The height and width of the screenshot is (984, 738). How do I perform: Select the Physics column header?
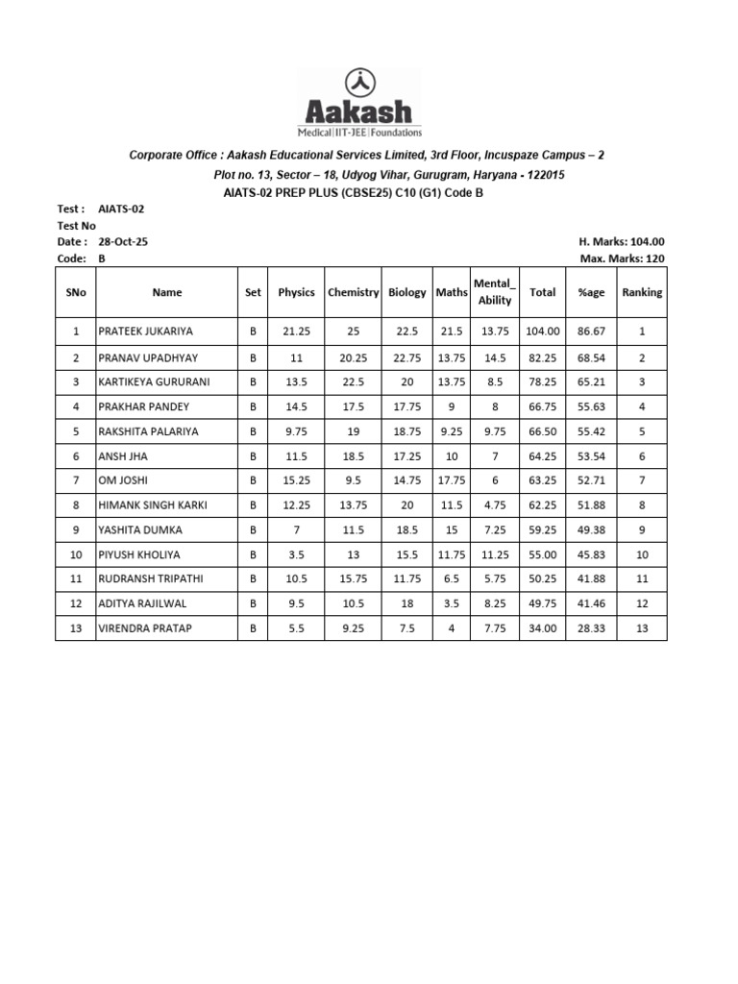[x=296, y=293]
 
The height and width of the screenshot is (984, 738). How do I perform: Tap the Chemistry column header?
[x=354, y=293]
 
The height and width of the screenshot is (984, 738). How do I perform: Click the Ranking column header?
[x=641, y=293]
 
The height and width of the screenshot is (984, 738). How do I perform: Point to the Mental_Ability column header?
[x=495, y=292]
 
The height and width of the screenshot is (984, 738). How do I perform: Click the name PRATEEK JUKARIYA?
[x=146, y=332]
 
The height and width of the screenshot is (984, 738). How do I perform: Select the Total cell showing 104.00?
[x=542, y=332]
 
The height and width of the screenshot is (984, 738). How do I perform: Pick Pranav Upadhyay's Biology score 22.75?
[x=406, y=357]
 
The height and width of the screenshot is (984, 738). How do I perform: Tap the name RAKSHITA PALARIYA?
[x=149, y=431]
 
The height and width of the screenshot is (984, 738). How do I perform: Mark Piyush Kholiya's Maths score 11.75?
[x=451, y=555]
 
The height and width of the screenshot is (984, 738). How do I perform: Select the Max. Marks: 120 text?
[x=622, y=259]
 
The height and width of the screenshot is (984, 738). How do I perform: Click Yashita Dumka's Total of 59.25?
[x=542, y=530]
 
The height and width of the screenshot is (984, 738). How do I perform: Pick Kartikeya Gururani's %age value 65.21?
[x=591, y=381]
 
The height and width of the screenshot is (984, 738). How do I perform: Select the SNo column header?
[x=76, y=293]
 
